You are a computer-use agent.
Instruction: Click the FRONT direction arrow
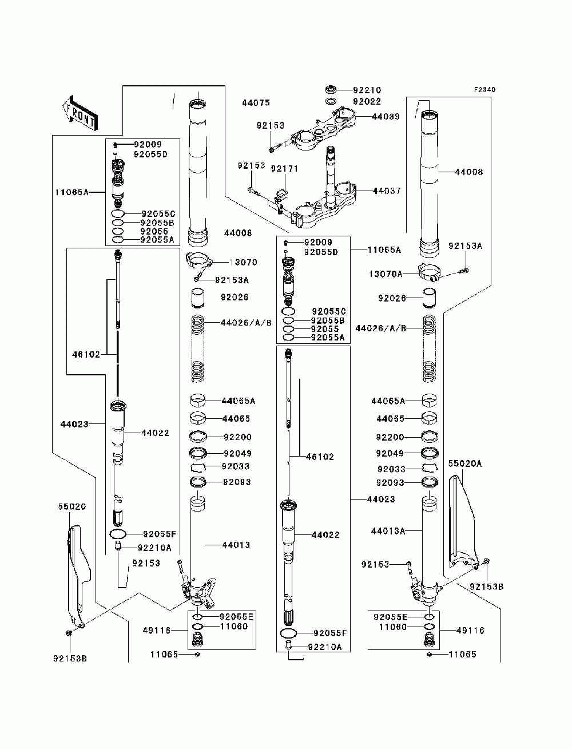click(80, 113)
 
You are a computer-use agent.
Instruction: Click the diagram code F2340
click(484, 90)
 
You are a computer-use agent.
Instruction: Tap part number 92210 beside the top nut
click(367, 90)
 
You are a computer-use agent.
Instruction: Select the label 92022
click(367, 101)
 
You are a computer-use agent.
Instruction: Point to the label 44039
click(386, 116)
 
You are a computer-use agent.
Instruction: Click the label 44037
click(387, 191)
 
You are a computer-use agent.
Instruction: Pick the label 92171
click(284, 169)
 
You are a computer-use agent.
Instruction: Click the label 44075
click(256, 103)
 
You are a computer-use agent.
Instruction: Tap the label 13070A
click(386, 274)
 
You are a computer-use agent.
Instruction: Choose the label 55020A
click(464, 463)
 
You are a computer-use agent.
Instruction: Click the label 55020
click(71, 507)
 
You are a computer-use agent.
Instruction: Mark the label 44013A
click(388, 532)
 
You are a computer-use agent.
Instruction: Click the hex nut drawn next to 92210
click(330, 90)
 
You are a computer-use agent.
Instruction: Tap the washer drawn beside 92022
click(330, 101)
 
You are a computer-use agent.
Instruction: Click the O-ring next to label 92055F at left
click(118, 534)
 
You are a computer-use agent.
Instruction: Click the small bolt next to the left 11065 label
click(197, 654)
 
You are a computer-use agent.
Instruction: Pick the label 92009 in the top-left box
click(148, 144)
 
